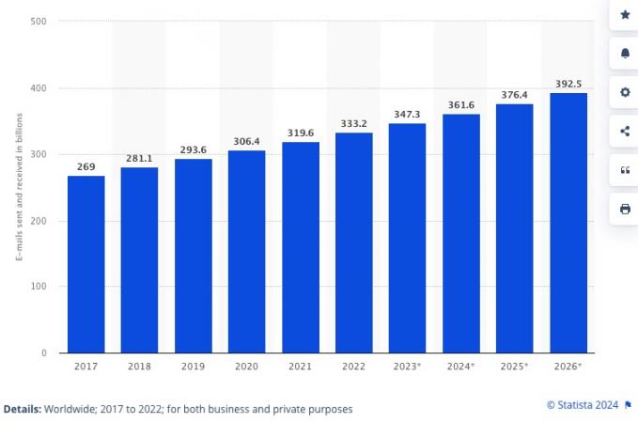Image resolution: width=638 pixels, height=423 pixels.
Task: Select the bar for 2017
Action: (x=86, y=264)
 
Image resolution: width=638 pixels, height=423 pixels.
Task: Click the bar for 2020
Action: (x=246, y=252)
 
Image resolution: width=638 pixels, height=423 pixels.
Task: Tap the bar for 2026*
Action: (x=568, y=223)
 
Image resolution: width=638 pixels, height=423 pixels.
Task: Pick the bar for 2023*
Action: (x=407, y=238)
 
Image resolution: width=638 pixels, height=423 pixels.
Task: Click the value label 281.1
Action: (x=139, y=158)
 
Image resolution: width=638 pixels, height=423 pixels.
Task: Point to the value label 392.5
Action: (x=568, y=84)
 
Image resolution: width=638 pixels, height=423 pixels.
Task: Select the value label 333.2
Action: (x=353, y=123)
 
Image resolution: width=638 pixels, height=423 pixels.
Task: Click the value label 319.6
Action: (x=300, y=133)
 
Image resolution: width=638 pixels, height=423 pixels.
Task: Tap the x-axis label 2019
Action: (x=193, y=367)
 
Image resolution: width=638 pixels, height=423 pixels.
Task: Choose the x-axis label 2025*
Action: (x=514, y=367)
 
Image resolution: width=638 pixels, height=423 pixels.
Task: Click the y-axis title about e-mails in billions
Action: (x=19, y=188)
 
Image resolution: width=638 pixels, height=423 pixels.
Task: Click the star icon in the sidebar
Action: (x=625, y=15)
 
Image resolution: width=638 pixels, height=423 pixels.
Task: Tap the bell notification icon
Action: (x=625, y=54)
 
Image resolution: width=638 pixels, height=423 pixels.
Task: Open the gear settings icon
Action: (x=625, y=92)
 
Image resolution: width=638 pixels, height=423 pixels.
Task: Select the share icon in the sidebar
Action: (x=625, y=132)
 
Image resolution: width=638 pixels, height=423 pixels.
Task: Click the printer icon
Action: (x=625, y=209)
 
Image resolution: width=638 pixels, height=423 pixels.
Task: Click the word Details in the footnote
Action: (x=21, y=409)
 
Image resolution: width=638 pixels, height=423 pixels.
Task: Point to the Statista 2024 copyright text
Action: (x=583, y=405)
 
